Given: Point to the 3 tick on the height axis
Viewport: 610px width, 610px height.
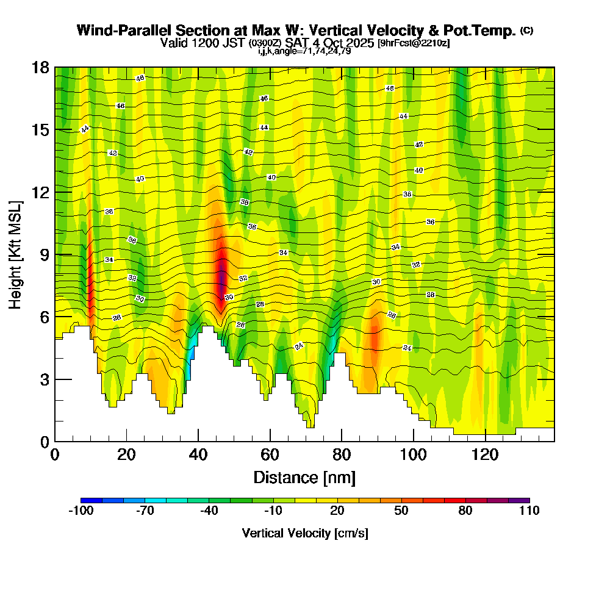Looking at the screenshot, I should [55, 379].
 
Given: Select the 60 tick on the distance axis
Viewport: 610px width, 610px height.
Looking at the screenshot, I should [270, 441].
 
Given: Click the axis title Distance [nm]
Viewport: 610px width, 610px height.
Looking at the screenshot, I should [304, 477].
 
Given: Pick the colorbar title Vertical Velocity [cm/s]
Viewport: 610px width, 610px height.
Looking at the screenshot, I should [305, 533].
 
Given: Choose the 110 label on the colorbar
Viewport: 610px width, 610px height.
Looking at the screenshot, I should [529, 511].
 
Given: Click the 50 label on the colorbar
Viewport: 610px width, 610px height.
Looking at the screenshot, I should [401, 511].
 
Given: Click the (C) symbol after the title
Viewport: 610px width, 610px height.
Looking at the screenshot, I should [526, 30].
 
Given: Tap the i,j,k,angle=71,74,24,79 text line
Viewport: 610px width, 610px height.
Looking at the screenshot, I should [304, 51].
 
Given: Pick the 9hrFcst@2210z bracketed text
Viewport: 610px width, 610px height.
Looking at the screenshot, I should [414, 43].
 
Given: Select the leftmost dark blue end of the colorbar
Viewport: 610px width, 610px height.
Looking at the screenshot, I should [84, 500].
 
